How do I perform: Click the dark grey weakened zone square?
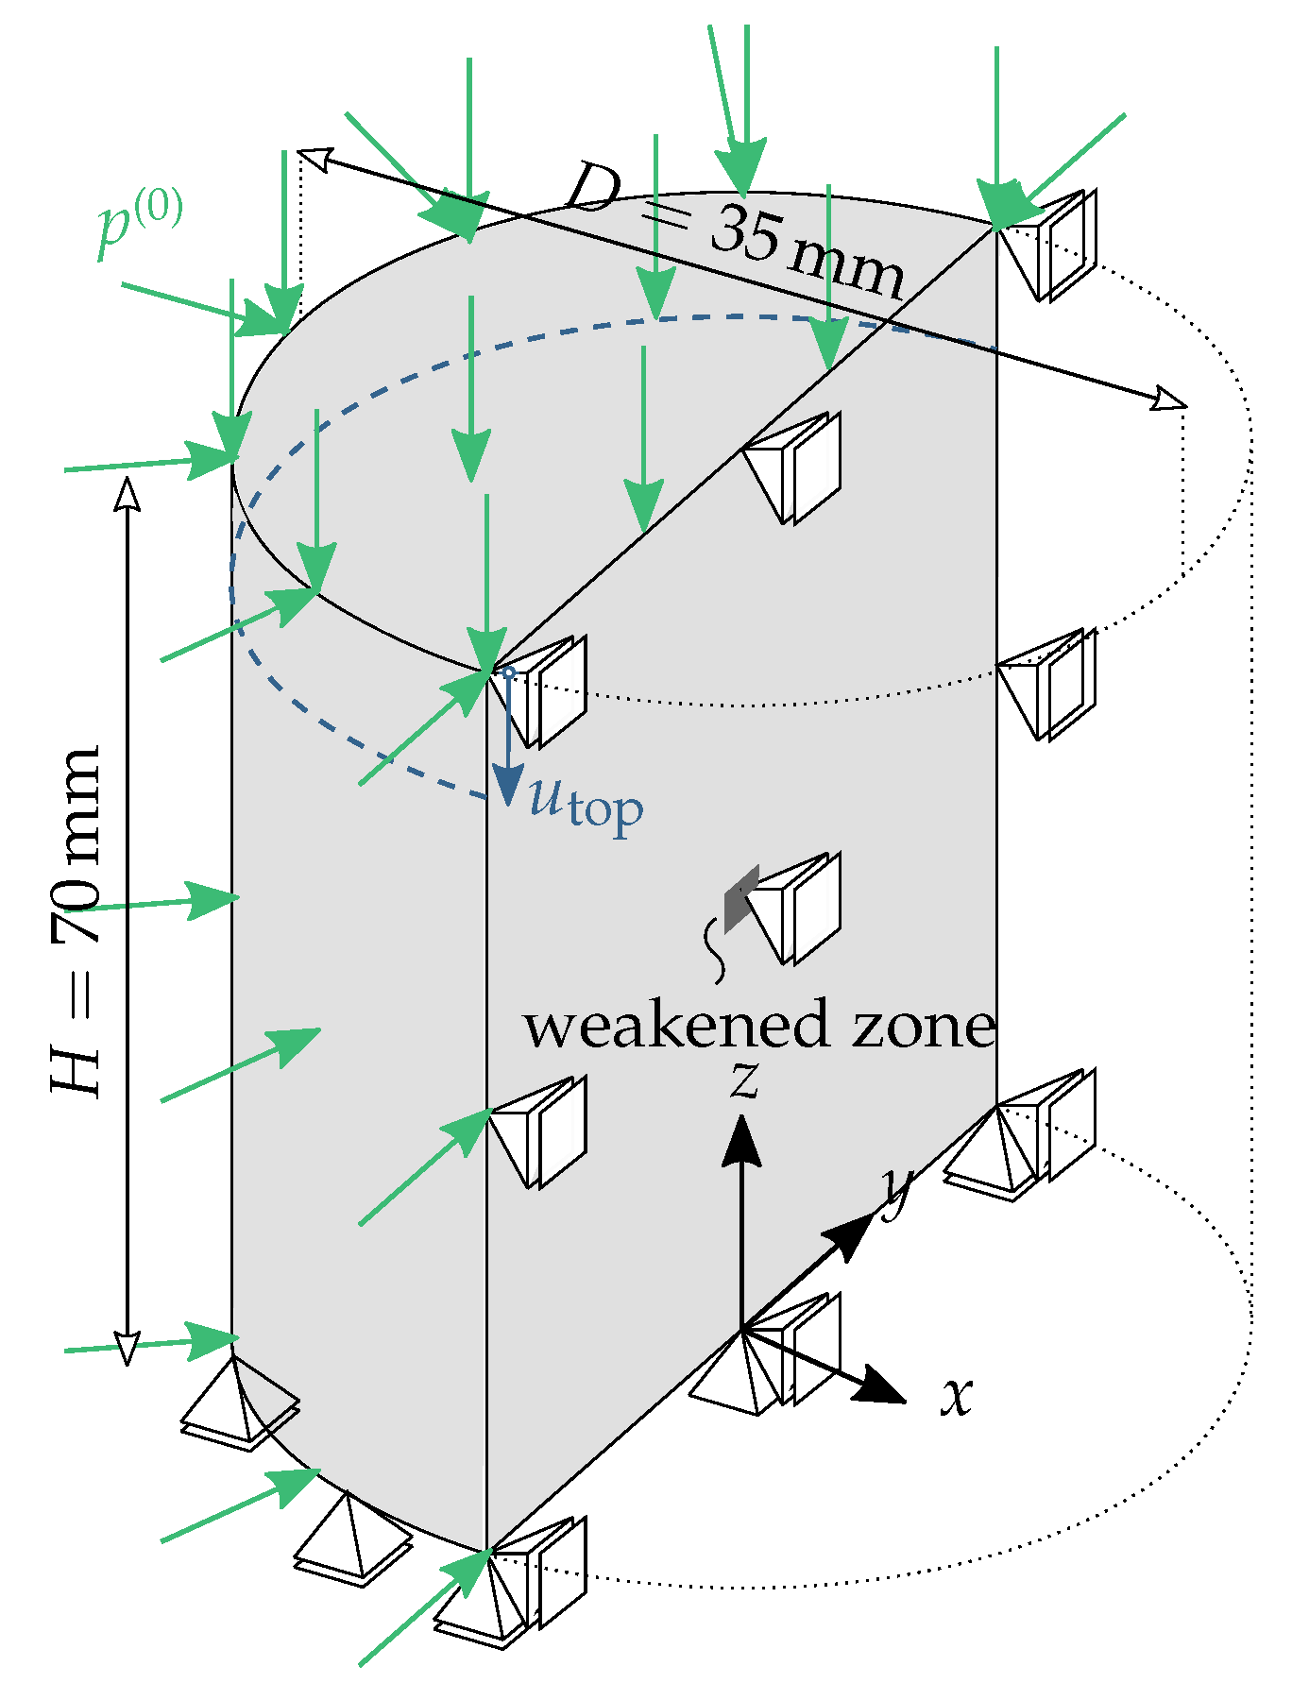click(x=741, y=898)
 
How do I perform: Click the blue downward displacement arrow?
click(x=508, y=746)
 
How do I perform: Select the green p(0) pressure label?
click(x=140, y=225)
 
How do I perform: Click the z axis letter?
click(x=745, y=1079)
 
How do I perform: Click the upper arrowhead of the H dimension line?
click(x=127, y=493)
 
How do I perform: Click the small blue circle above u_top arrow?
click(x=508, y=672)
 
